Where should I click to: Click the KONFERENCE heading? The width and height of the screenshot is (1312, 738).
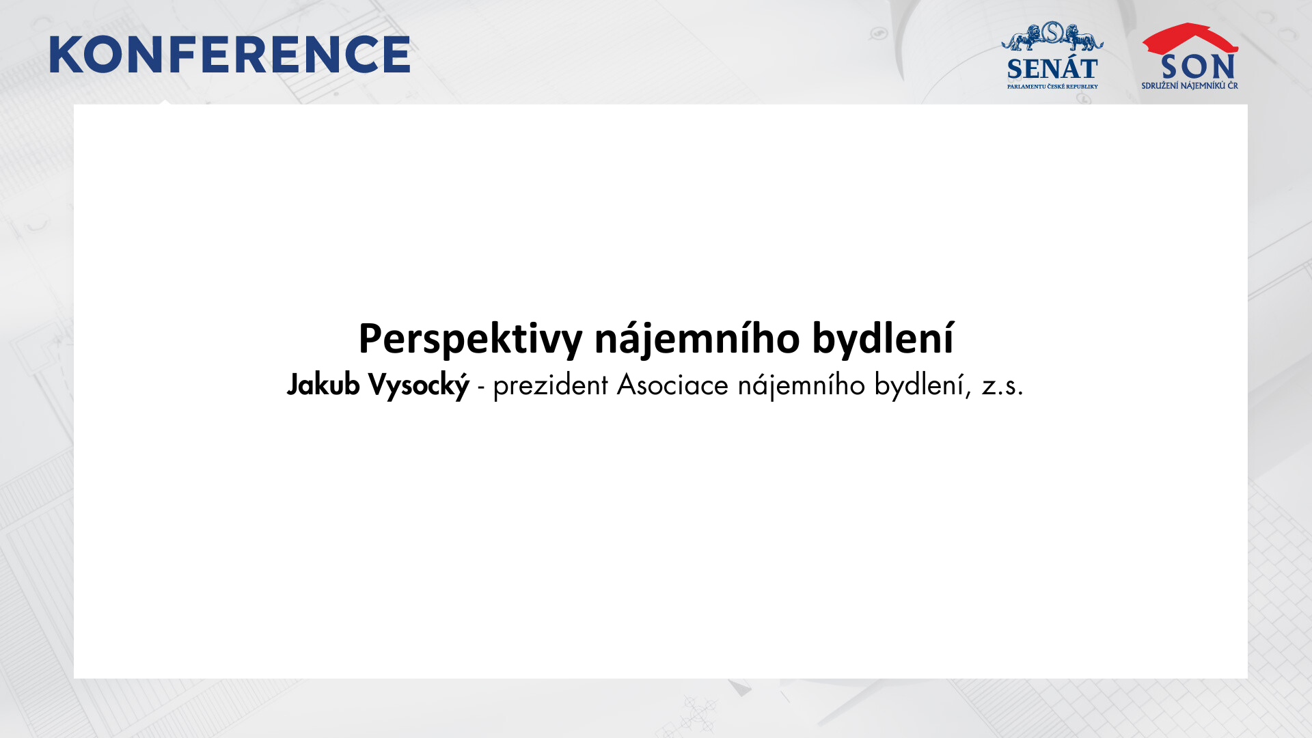(x=230, y=55)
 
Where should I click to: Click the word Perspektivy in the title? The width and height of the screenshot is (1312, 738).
(x=470, y=339)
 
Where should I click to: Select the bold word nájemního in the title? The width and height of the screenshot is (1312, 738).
(x=697, y=339)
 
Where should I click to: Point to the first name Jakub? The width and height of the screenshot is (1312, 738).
(x=323, y=385)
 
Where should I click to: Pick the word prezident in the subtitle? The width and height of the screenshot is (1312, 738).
(x=550, y=386)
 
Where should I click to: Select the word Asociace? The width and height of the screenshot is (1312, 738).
(x=672, y=386)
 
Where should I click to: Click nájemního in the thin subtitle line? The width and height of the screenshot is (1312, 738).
(x=801, y=386)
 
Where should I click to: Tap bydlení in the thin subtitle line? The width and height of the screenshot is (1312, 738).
(x=922, y=386)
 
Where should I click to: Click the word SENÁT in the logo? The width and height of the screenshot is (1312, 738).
(x=1052, y=69)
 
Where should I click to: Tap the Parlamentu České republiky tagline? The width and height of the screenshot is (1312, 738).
(x=1052, y=87)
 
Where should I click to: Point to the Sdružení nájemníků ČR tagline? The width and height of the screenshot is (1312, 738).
(x=1190, y=85)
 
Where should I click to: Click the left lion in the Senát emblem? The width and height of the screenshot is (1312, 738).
(x=1022, y=37)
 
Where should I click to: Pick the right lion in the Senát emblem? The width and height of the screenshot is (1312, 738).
(x=1083, y=37)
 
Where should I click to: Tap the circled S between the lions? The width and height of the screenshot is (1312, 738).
(x=1053, y=31)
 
